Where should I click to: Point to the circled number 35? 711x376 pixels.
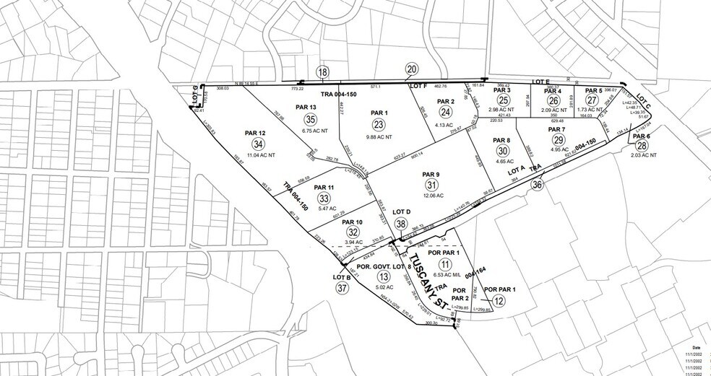click(311, 119)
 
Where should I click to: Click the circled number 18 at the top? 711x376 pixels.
click(322, 71)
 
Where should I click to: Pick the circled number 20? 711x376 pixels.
click(412, 69)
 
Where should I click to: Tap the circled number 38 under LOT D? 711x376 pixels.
click(401, 224)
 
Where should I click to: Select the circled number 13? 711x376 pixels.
click(384, 276)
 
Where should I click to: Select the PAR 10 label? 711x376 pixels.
click(353, 222)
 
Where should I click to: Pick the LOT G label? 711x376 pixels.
click(195, 92)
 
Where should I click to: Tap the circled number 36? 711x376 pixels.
click(537, 185)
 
